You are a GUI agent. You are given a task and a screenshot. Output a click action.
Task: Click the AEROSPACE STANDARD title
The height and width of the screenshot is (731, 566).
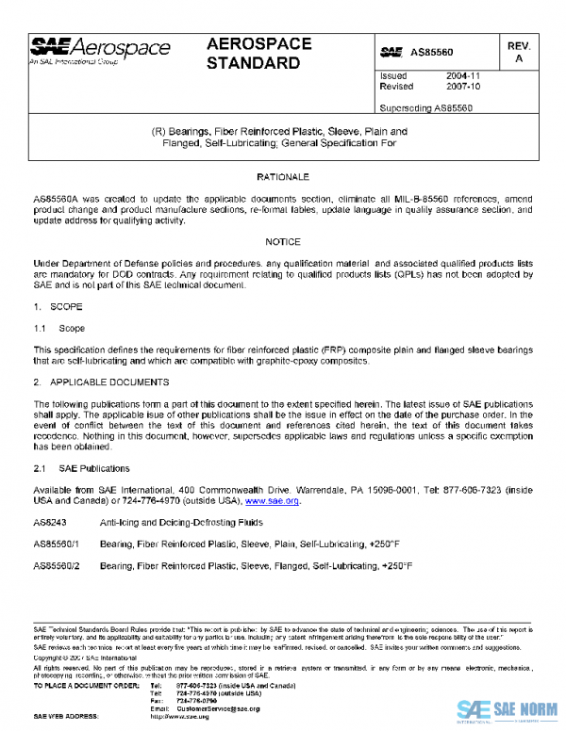click(x=254, y=54)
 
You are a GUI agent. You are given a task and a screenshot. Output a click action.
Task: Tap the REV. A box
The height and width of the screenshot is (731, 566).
click(x=517, y=52)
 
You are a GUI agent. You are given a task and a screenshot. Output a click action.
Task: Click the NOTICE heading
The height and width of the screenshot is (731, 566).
click(x=282, y=242)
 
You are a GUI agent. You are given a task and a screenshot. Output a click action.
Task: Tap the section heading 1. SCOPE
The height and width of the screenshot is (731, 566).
click(x=58, y=307)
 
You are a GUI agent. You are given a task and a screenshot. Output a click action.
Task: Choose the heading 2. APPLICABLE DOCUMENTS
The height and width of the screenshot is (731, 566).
click(x=101, y=382)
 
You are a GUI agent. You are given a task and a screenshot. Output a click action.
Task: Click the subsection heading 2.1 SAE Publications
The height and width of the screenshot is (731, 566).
click(x=75, y=468)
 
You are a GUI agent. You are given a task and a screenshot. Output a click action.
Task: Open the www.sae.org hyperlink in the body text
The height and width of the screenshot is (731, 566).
click(x=273, y=502)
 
